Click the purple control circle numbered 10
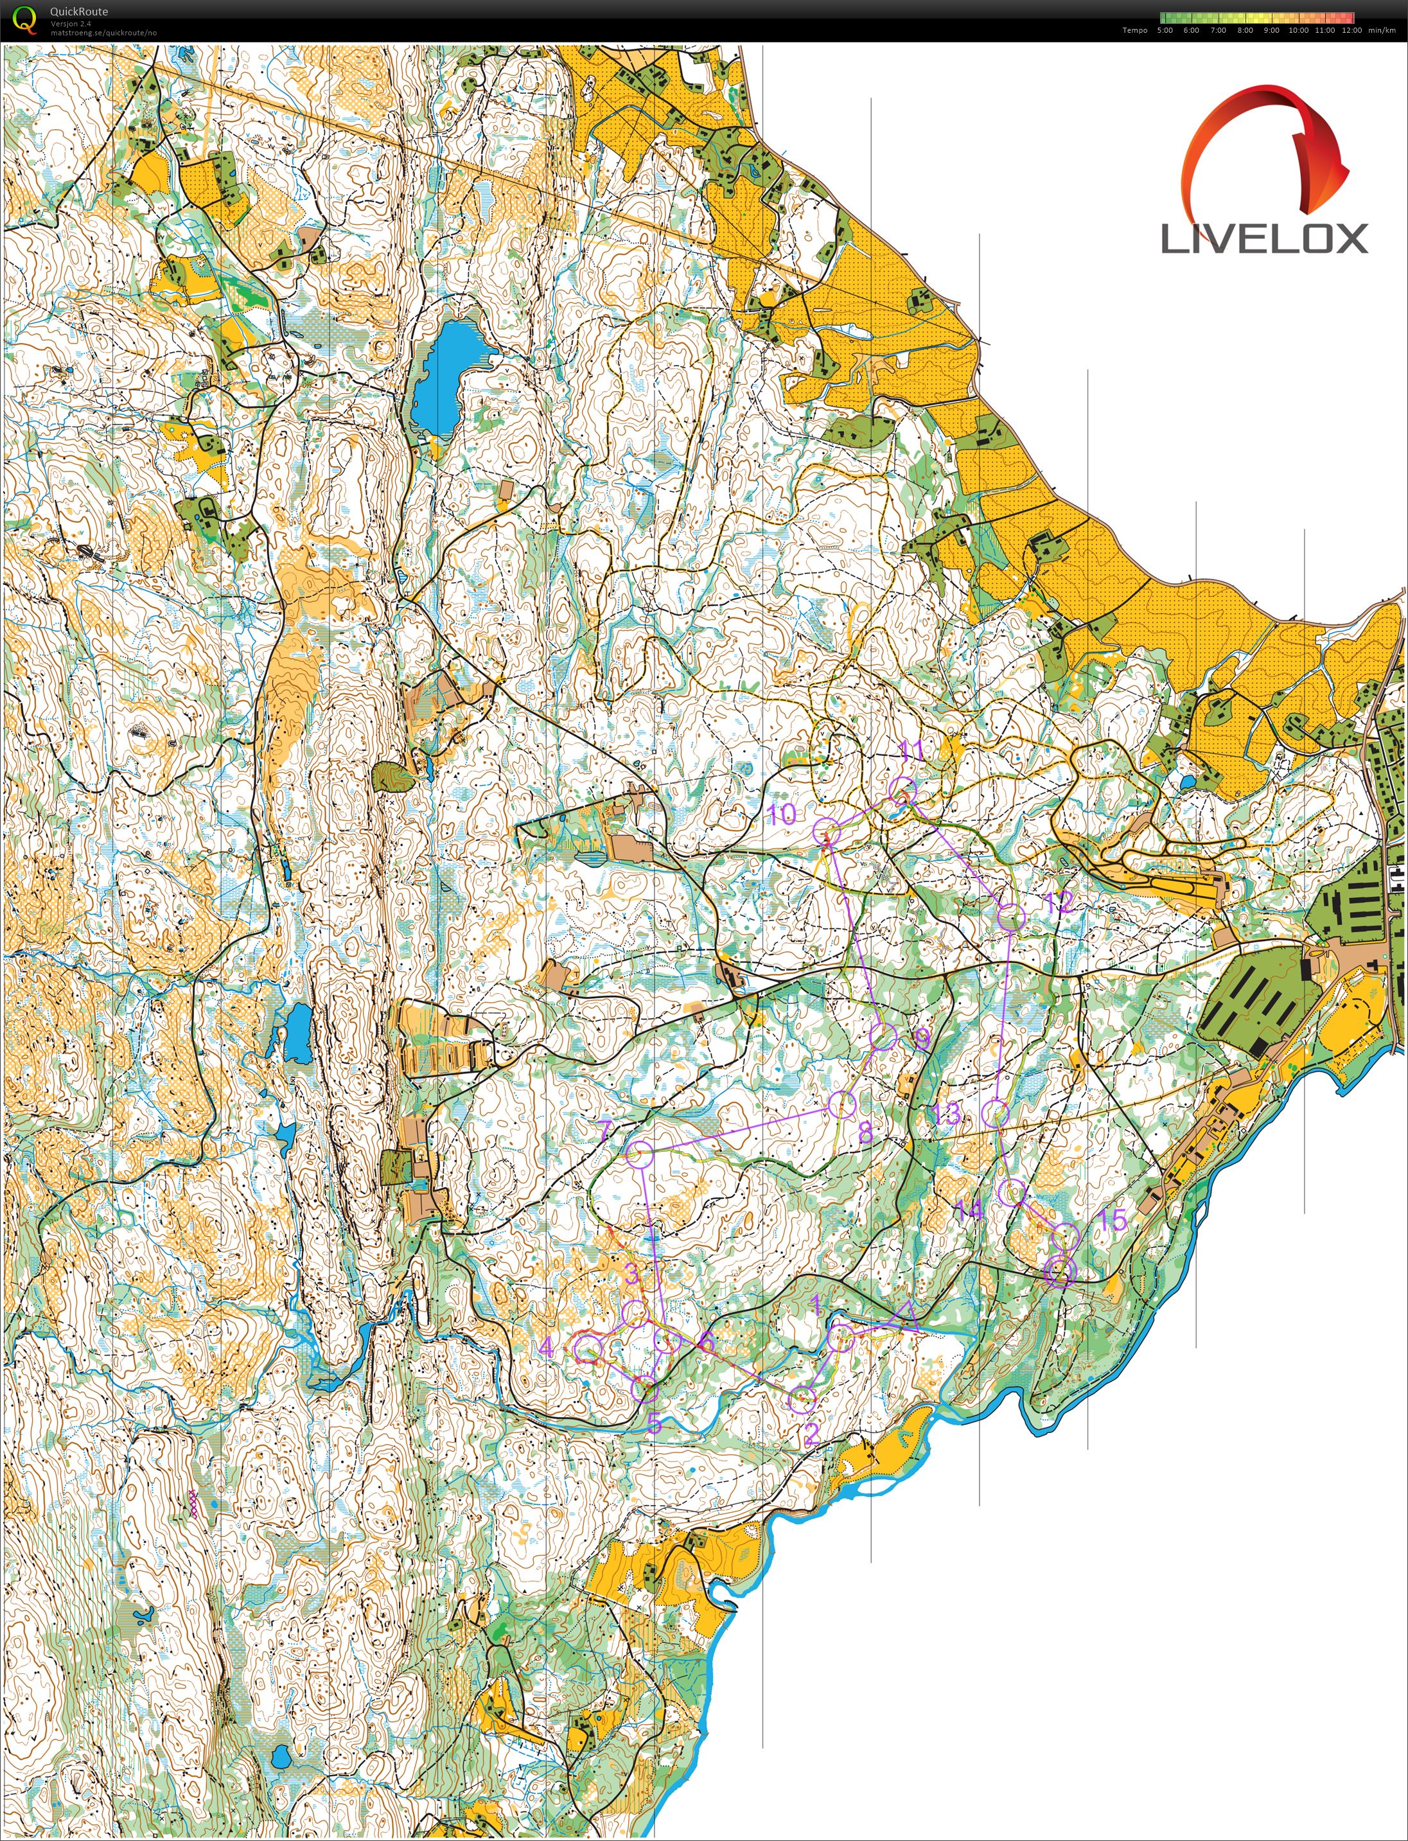coord(826,831)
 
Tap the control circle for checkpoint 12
coord(1012,917)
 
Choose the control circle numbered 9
coord(883,1035)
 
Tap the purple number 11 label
coord(910,748)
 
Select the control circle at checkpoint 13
coord(996,1114)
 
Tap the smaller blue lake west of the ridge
coord(297,1032)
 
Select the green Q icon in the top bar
coord(26,19)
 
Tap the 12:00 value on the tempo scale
coord(1351,30)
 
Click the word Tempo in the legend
coord(1135,30)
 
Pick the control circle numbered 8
coord(841,1104)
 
